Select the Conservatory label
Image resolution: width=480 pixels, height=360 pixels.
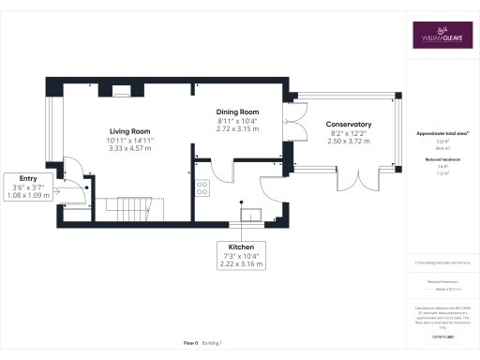[x=349, y=125]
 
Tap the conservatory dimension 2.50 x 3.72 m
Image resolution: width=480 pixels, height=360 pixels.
[x=349, y=142]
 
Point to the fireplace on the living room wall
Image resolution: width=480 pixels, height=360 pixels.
[x=122, y=92]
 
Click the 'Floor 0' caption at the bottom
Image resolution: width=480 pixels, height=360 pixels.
[x=191, y=345]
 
